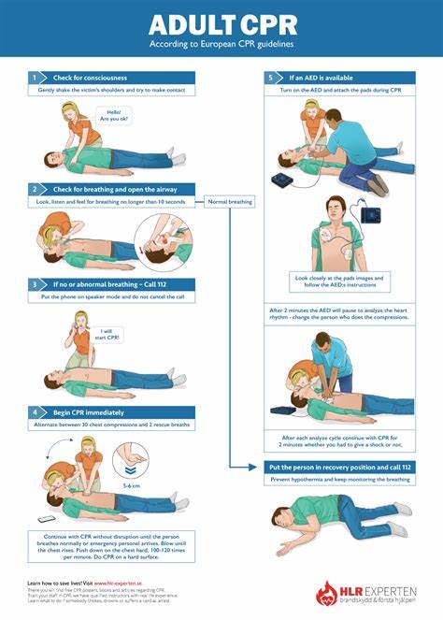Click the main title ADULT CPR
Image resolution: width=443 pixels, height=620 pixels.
coord(221,23)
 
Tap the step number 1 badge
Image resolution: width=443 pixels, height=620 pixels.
coord(35,78)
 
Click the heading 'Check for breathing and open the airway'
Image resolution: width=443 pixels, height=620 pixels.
coord(110,189)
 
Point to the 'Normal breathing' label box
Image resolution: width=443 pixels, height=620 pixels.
coord(229,202)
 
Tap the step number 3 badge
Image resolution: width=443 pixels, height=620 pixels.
coord(35,283)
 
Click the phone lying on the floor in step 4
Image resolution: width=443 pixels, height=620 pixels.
coord(46,519)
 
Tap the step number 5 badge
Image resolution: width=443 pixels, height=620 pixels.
coord(271,78)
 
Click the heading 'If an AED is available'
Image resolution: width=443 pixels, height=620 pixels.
coord(322,78)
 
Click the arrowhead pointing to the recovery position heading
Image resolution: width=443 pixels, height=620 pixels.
coord(259,467)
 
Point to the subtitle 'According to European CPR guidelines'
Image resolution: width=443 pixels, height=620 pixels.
coord(221,44)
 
